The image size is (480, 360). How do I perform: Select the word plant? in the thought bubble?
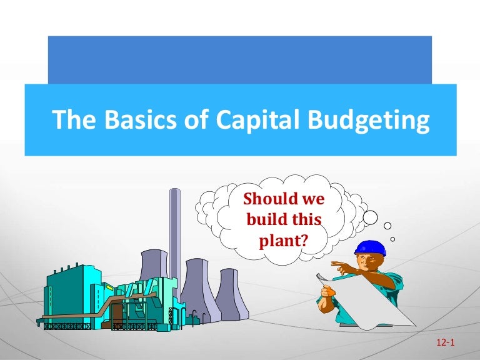284,239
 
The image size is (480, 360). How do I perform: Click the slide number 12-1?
441,344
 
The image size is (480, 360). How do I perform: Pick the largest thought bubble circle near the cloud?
370,217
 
